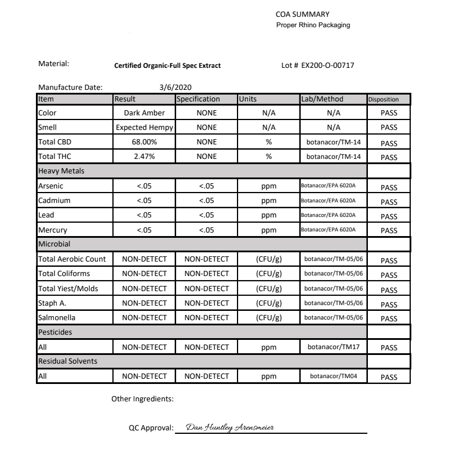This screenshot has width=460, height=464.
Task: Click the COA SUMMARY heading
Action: tap(304, 14)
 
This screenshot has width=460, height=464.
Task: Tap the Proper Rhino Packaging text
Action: tap(313, 25)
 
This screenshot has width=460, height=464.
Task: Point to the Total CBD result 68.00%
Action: tap(144, 142)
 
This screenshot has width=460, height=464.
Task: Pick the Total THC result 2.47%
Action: tap(144, 157)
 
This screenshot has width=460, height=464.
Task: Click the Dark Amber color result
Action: tap(144, 113)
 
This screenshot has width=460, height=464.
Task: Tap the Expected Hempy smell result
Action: tap(144, 128)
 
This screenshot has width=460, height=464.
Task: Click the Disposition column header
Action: tap(384, 99)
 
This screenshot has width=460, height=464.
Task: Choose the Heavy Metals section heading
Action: tap(59, 171)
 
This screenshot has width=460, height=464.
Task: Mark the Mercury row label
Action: tap(53, 230)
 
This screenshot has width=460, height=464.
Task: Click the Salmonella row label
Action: tap(57, 318)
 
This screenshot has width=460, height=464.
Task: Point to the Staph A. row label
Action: tap(52, 303)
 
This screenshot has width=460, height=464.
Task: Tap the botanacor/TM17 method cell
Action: tap(333, 347)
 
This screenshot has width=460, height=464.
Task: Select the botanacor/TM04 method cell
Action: tap(333, 376)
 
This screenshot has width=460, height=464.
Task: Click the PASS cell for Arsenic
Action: tap(389, 188)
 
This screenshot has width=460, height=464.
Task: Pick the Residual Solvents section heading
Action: tap(67, 361)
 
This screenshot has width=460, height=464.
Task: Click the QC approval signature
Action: tap(231, 427)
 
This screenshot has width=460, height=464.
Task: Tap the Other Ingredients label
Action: tap(142, 399)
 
